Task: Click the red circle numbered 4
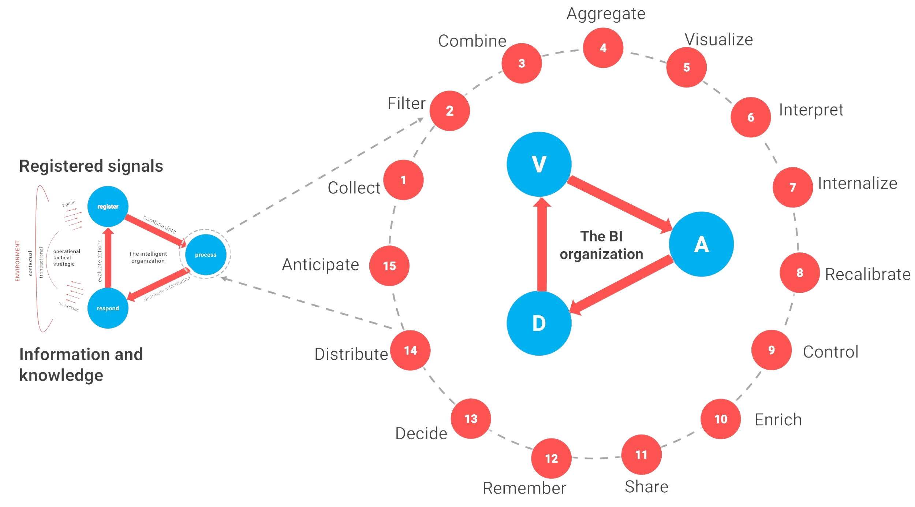pos(603,48)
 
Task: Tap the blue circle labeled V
pos(539,164)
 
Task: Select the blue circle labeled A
pos(701,244)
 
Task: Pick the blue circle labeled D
pos(539,323)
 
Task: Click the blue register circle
pos(108,206)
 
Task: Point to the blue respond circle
pos(108,308)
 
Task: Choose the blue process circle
pos(205,255)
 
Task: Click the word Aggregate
pos(606,14)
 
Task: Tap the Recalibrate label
pos(867,274)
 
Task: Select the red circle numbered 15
pos(389,266)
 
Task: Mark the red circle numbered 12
pos(551,458)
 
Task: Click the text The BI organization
pos(601,245)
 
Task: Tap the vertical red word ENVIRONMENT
pos(17,261)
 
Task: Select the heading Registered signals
pos(91,166)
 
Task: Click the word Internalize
pos(857,183)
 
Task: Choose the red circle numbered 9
pos(771,350)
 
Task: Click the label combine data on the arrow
pos(160,225)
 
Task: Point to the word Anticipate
pos(320,265)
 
